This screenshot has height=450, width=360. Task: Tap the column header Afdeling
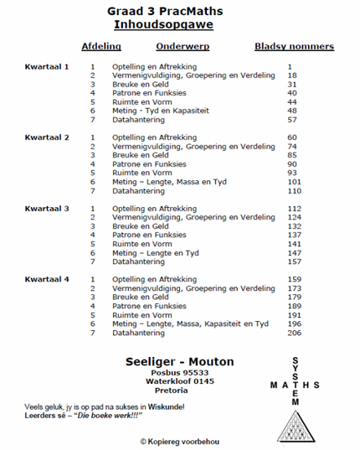click(101, 48)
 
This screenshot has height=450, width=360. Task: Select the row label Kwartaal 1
click(47, 65)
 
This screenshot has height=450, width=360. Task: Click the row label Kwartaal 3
click(47, 208)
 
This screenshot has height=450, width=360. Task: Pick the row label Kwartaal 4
click(47, 278)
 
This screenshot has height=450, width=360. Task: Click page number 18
click(292, 75)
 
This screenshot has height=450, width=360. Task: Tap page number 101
click(293, 181)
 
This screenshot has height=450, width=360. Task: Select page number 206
click(293, 333)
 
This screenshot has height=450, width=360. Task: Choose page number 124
click(293, 217)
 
